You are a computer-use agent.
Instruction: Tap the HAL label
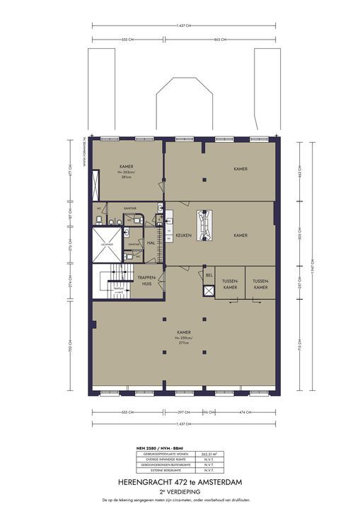coord(151,242)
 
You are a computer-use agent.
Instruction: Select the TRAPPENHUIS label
coord(146,280)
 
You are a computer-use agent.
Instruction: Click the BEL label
coord(209,274)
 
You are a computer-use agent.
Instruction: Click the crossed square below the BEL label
coord(209,291)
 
